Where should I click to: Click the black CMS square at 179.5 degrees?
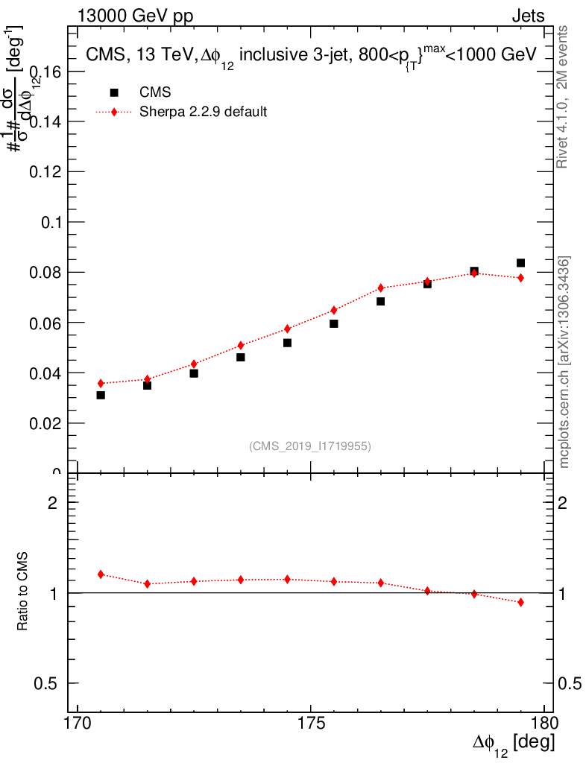(520, 263)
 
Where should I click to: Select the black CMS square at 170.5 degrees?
(101, 395)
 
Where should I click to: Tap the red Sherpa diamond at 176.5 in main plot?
(380, 288)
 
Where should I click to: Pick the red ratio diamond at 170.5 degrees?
(101, 574)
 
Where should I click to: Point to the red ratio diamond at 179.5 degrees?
(520, 602)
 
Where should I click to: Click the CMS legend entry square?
(114, 93)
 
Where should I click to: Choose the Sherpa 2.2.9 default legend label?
(204, 113)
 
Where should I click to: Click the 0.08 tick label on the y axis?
(45, 273)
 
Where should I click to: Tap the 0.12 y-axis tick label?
(45, 172)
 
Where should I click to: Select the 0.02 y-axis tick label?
(45, 424)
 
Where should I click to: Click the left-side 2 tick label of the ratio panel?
(53, 503)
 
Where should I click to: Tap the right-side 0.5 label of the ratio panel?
(572, 684)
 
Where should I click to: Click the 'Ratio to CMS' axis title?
(24, 592)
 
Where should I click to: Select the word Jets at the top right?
(527, 16)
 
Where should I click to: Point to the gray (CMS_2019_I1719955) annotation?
(310, 446)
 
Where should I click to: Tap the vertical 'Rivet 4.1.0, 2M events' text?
(564, 97)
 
